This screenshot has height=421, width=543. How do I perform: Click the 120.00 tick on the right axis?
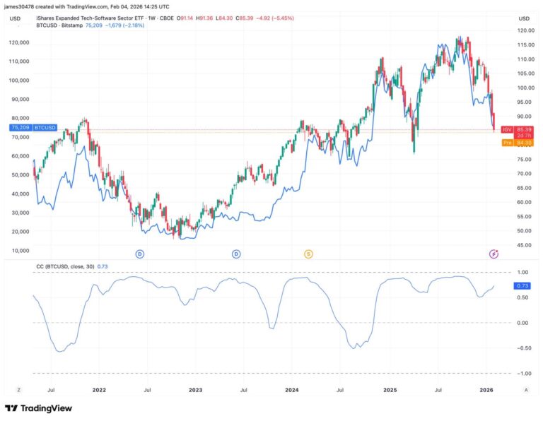coord(524,31)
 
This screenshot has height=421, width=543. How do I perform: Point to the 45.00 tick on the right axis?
coord(524,245)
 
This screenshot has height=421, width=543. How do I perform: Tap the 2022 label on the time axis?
coord(99,389)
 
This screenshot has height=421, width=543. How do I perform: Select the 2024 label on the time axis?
coord(292,389)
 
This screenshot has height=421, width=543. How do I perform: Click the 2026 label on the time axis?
coord(486,389)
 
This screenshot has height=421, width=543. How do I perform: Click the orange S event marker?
coord(308,254)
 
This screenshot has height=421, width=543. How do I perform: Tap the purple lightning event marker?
coord(494,254)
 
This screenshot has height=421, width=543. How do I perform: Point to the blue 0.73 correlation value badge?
coord(523,285)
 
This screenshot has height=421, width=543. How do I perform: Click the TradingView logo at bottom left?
coord(39,408)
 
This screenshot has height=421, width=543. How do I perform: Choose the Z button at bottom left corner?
coord(18,389)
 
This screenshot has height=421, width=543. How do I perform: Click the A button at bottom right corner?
coord(525,389)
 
